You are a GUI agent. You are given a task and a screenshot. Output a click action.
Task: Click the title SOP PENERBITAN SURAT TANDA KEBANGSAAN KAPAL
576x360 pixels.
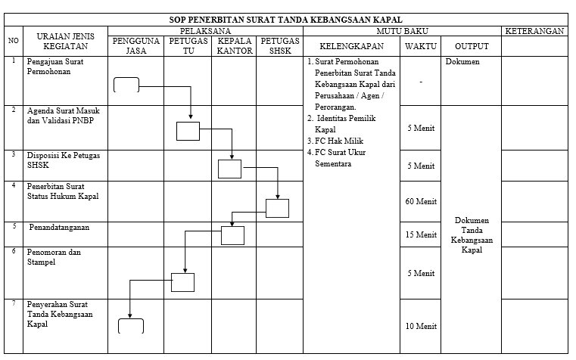click(x=285, y=20)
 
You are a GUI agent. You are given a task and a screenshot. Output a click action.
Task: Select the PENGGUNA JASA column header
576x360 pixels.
click(x=136, y=46)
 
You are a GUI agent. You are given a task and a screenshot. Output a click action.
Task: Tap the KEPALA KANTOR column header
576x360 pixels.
click(x=235, y=46)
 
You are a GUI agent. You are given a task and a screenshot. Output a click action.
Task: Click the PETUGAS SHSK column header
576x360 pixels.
click(x=280, y=46)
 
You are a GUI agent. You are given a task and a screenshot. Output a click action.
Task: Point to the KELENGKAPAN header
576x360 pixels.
click(x=351, y=46)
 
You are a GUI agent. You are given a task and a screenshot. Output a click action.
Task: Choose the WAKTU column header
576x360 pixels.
click(x=421, y=46)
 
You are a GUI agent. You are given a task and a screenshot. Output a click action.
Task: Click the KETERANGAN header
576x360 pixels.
click(x=534, y=31)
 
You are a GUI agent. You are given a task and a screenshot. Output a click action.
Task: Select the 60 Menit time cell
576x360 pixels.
click(x=421, y=201)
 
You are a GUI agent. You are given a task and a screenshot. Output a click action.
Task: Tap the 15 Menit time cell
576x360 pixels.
click(x=421, y=234)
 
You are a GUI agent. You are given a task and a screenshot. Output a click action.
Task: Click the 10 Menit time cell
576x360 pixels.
click(x=421, y=326)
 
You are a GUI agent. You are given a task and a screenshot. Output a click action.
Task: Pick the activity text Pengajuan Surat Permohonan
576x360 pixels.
click(x=55, y=67)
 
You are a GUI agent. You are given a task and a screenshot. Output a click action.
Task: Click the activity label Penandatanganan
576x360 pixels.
click(x=59, y=227)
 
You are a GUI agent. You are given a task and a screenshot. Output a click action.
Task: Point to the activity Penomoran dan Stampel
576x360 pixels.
click(x=54, y=257)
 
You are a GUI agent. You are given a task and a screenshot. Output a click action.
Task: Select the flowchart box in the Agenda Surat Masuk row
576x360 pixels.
click(x=188, y=131)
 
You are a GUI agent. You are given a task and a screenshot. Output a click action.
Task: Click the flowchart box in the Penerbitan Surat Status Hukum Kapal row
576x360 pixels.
click(x=277, y=208)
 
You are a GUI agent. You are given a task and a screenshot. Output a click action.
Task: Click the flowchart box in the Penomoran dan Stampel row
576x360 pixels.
click(x=182, y=282)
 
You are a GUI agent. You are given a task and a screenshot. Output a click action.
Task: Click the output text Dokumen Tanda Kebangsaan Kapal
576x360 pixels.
click(x=472, y=235)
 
